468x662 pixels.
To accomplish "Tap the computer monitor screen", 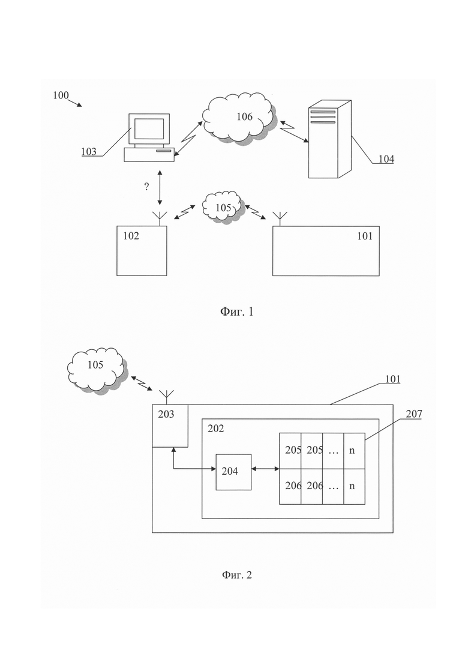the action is pyautogui.click(x=149, y=128).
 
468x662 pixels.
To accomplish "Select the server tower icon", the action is pyautogui.click(x=329, y=139).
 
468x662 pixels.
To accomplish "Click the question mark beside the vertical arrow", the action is pyautogui.click(x=146, y=187).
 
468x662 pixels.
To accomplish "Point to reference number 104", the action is pyautogui.click(x=386, y=158).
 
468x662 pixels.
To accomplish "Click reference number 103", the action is pyautogui.click(x=89, y=152).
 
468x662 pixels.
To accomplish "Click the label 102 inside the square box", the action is pyautogui.click(x=131, y=236).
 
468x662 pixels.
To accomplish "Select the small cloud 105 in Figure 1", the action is pyautogui.click(x=223, y=207).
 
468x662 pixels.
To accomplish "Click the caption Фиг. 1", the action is pyautogui.click(x=236, y=312).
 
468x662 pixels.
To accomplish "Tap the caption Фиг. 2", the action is pyautogui.click(x=236, y=574).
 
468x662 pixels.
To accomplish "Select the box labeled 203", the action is pyautogui.click(x=170, y=426).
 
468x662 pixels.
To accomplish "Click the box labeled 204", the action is pyautogui.click(x=234, y=472).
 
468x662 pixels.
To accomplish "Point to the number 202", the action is pyautogui.click(x=215, y=429).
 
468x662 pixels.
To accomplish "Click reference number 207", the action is pyautogui.click(x=414, y=414).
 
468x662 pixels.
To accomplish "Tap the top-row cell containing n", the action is pyautogui.click(x=355, y=451).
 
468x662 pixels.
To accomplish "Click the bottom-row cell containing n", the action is pyautogui.click(x=355, y=486).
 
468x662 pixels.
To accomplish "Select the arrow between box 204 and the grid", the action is pyautogui.click(x=265, y=469).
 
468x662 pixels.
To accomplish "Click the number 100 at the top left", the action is pyautogui.click(x=61, y=95).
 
